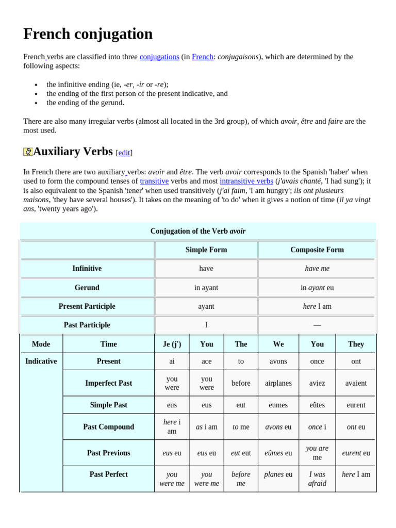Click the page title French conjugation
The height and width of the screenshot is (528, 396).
pyautogui.click(x=88, y=34)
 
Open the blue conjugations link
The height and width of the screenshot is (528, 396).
pyautogui.click(x=159, y=57)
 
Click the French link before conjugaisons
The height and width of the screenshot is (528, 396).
pyautogui.click(x=202, y=57)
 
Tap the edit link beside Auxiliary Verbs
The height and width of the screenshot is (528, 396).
pyautogui.click(x=124, y=153)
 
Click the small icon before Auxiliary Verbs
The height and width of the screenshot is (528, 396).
pyautogui.click(x=28, y=152)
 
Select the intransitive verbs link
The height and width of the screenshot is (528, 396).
pyautogui.click(x=246, y=181)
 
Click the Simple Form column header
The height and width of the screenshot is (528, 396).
pyautogui.click(x=206, y=250)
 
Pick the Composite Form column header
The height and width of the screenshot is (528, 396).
pyautogui.click(x=317, y=250)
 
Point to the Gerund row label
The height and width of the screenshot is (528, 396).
pyautogui.click(x=87, y=287)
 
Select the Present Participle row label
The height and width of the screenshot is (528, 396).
pyautogui.click(x=87, y=306)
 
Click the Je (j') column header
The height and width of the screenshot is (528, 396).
pyautogui.click(x=172, y=344)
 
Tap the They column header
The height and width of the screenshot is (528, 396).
pyautogui.click(x=356, y=344)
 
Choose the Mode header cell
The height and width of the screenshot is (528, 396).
pyautogui.click(x=41, y=344)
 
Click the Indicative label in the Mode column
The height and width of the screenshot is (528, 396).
pyautogui.click(x=41, y=361)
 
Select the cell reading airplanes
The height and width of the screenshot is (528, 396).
pyautogui.click(x=278, y=383)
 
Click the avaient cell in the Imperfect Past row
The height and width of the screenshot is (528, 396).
pyautogui.click(x=356, y=383)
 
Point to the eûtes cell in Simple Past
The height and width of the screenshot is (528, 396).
pyautogui.click(x=317, y=405)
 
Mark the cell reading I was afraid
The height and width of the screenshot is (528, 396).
pyautogui.click(x=317, y=479)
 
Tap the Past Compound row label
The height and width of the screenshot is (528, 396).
pyautogui.click(x=108, y=427)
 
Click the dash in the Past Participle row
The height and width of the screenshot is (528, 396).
pyautogui.click(x=317, y=325)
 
